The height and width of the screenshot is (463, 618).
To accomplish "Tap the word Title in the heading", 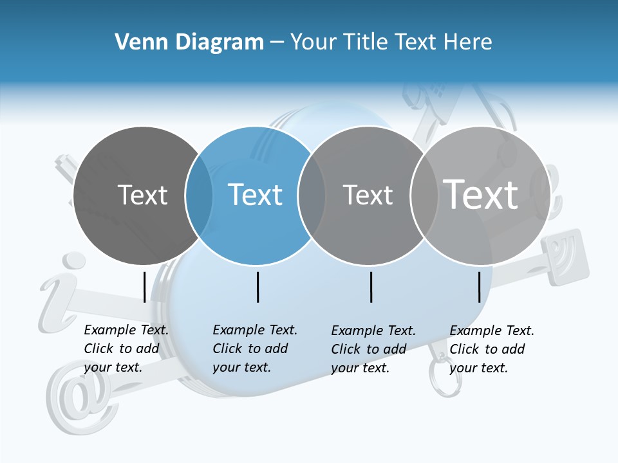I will [x=366, y=42].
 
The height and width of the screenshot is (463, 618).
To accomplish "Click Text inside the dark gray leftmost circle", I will [x=142, y=195].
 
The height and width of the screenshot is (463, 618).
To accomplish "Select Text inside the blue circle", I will [x=255, y=195].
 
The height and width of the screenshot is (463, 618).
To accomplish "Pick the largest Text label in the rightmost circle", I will [x=480, y=194].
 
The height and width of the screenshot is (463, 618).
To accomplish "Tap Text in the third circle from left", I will [x=368, y=195].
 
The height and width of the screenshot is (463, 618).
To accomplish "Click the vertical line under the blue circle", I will [x=257, y=287].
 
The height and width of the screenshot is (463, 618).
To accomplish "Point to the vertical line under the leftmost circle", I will [x=144, y=287].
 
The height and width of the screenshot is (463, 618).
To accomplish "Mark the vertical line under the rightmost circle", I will [x=480, y=287].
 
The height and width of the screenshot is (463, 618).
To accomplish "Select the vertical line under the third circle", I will [x=371, y=287].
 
